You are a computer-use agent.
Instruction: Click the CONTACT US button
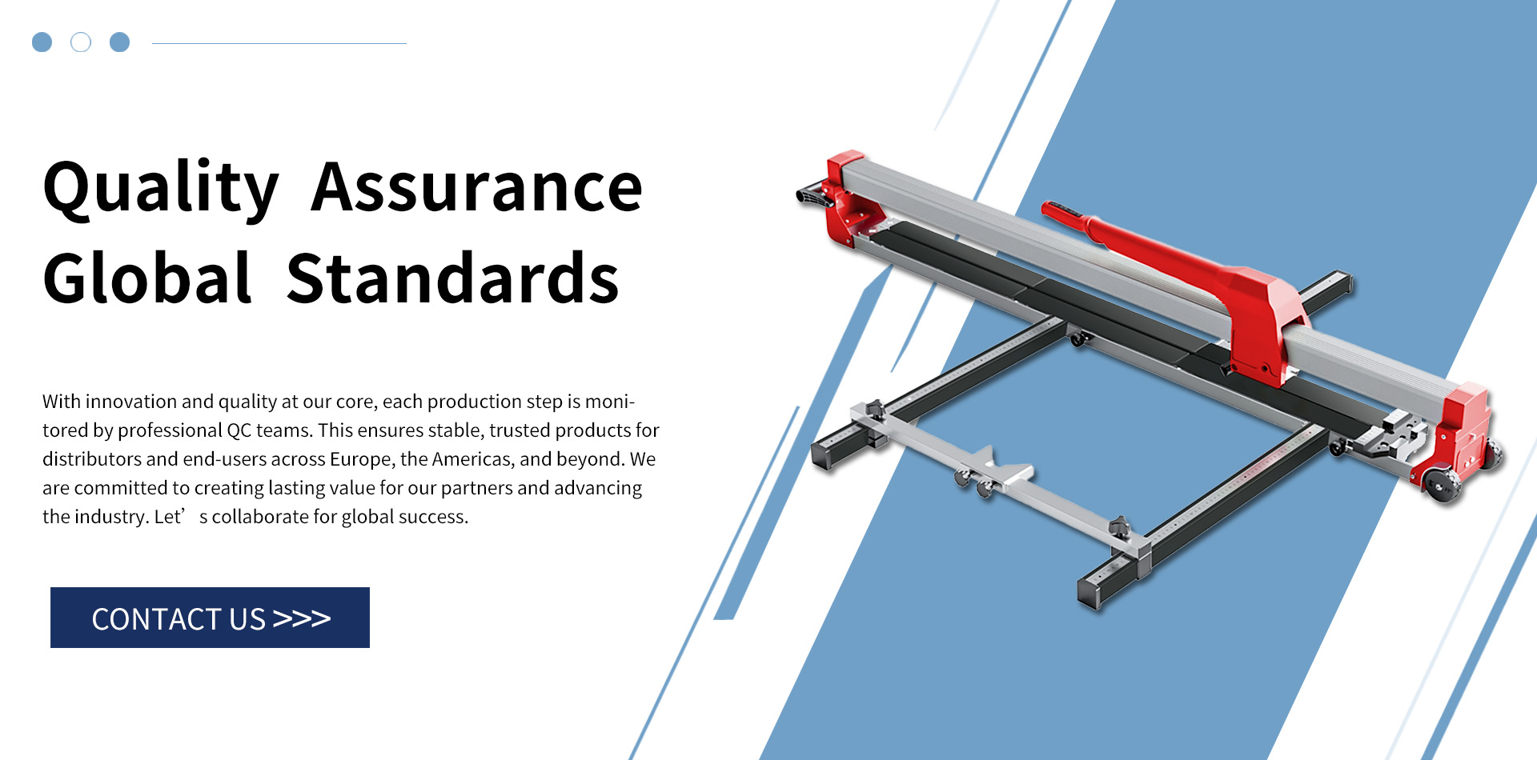[x=210, y=618]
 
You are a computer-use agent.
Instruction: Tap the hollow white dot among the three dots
[x=81, y=42]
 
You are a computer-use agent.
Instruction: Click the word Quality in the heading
[x=161, y=190]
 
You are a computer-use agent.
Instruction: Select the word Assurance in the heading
[x=477, y=188]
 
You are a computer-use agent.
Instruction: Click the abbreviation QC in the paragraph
[x=239, y=430]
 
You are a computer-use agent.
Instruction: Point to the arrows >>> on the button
[x=301, y=618]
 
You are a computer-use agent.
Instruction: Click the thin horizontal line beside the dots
[x=279, y=43]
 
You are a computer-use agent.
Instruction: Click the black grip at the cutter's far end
[x=813, y=198]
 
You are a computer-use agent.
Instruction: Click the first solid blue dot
[x=42, y=42]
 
